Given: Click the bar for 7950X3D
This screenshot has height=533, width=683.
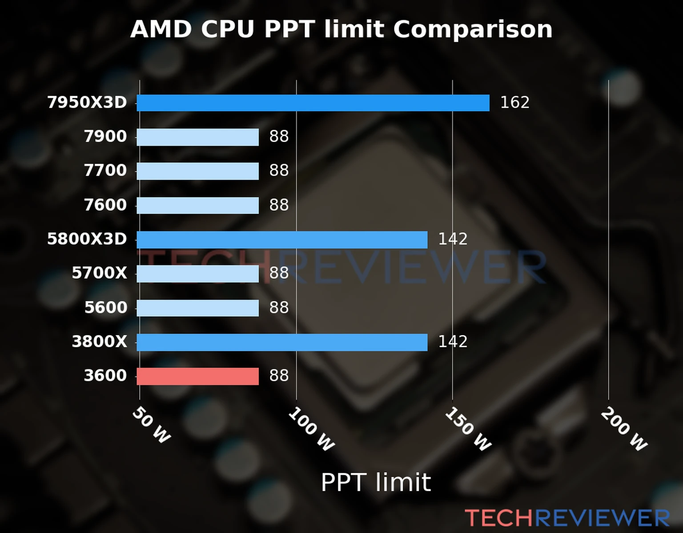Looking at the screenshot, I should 313,103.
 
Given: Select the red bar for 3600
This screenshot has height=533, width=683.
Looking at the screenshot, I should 197,376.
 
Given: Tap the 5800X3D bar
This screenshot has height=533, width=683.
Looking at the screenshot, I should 282,239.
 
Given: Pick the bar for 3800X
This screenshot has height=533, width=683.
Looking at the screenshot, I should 282,342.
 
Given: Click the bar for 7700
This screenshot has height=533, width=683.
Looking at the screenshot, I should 197,171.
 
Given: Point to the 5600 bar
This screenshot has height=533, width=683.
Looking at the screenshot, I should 197,308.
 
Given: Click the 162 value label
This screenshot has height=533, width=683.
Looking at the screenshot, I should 514,103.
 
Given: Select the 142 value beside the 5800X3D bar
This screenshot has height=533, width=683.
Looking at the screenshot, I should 453,239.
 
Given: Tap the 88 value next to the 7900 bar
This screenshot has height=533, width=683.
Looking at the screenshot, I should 279,137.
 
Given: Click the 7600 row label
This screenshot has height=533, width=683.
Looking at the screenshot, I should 105,205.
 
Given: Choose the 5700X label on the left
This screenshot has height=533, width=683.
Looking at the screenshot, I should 99,273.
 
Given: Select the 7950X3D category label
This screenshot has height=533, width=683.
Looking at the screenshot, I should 87,103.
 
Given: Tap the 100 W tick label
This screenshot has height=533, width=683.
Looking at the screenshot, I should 311,430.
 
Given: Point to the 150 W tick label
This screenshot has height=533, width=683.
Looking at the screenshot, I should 468,430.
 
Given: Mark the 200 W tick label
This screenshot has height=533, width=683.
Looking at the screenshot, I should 624,430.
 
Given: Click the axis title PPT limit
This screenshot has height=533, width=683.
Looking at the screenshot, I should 376,482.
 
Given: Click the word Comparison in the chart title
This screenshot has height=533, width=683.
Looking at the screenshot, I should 473,30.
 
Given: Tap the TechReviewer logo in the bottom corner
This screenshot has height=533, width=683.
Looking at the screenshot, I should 567,518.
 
